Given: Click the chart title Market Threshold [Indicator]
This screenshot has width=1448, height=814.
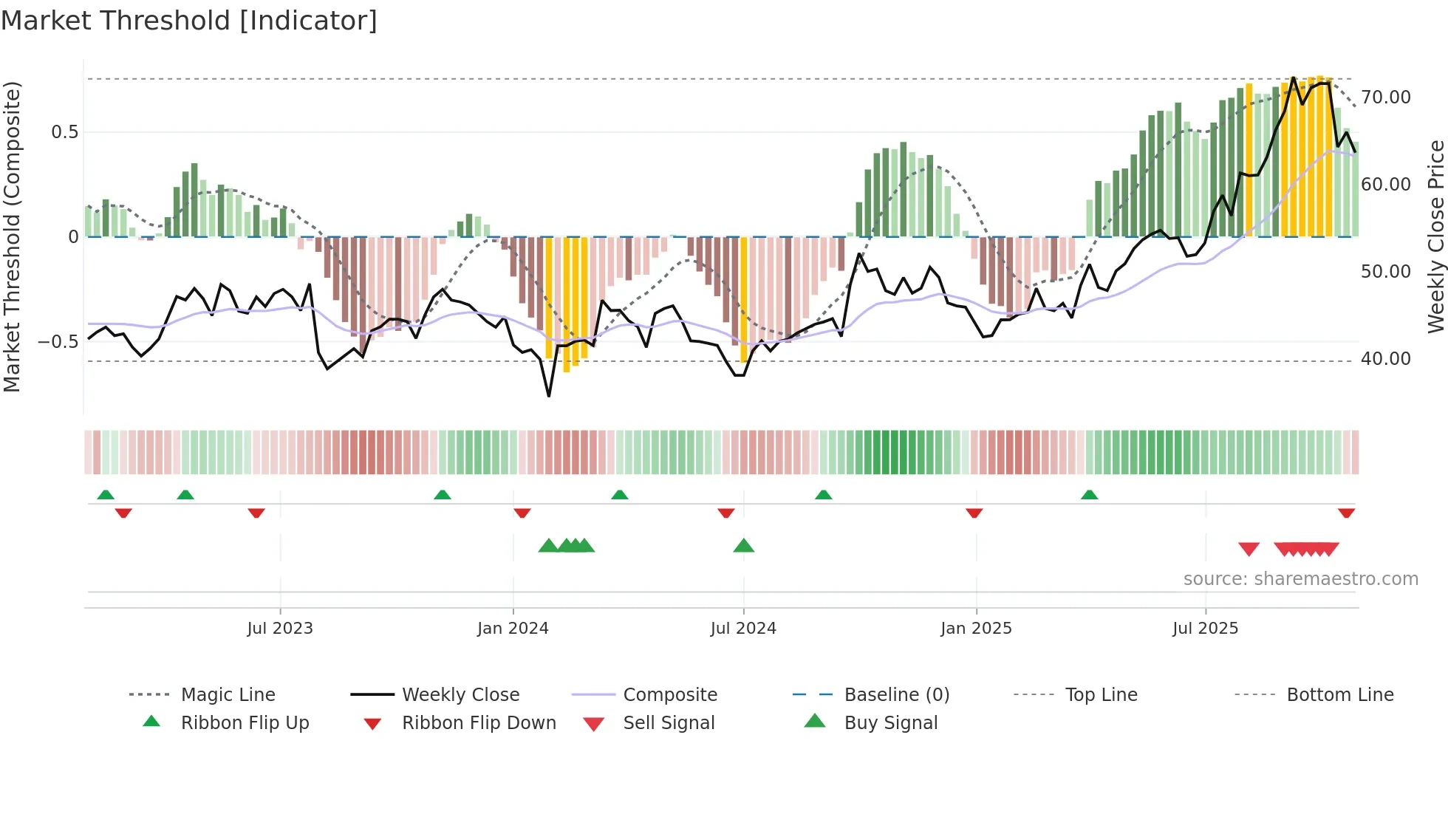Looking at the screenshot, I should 189,21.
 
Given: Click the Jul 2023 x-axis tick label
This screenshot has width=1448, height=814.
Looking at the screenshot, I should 280,629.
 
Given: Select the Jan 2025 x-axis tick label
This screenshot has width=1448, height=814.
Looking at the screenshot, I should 976,629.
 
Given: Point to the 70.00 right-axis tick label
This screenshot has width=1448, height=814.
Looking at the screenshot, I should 1386,98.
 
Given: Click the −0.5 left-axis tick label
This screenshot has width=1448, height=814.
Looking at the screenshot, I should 58,342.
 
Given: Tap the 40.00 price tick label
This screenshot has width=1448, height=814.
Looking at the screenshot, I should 1386,359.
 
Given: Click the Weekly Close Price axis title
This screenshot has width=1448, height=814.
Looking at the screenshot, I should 1435,236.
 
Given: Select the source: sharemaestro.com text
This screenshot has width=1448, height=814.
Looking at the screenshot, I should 1300,579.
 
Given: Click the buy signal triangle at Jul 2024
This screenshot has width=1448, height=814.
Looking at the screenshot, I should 744,546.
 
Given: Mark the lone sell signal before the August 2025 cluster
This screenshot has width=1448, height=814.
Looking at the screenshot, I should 1249,549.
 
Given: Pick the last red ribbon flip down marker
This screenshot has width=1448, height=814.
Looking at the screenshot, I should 1346,513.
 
